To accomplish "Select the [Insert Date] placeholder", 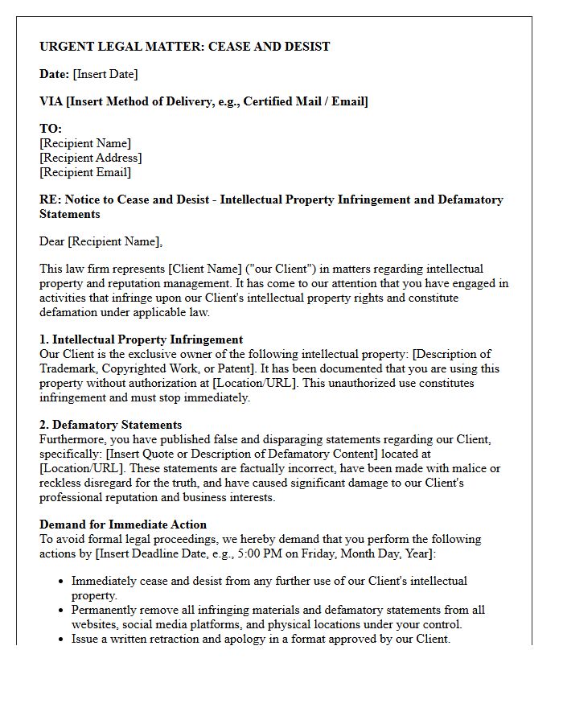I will click(x=105, y=74).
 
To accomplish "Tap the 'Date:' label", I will click(x=54, y=74).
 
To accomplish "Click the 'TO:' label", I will click(x=51, y=129).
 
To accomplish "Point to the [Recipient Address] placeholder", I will click(x=90, y=158).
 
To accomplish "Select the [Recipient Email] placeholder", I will click(x=85, y=172).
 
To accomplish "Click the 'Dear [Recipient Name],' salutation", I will click(x=101, y=241).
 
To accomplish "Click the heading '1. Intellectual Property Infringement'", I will click(x=141, y=339).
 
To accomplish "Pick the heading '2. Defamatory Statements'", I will click(x=110, y=425).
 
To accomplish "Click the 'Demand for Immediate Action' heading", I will click(x=123, y=524).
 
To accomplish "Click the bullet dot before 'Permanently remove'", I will click(x=62, y=611).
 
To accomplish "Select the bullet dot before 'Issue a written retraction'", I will click(x=62, y=640).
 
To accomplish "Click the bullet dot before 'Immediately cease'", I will click(x=62, y=582).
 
